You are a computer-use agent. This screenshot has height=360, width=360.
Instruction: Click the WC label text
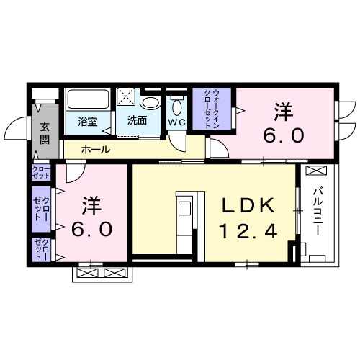coord(177,122)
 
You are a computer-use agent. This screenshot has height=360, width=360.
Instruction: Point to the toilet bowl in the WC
coord(177,106)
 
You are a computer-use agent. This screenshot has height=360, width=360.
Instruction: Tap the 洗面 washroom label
coord(137,120)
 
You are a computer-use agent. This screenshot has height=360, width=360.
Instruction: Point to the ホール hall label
coord(95,149)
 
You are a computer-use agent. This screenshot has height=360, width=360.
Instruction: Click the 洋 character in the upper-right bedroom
coord(283,112)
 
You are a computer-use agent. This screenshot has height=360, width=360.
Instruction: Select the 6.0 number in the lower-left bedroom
coord(90,230)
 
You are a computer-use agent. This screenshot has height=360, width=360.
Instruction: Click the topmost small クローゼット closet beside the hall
coord(40,173)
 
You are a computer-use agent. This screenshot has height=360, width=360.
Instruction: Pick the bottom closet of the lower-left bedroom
coord(40,248)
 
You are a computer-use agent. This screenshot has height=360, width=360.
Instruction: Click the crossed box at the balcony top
coord(315,171)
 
